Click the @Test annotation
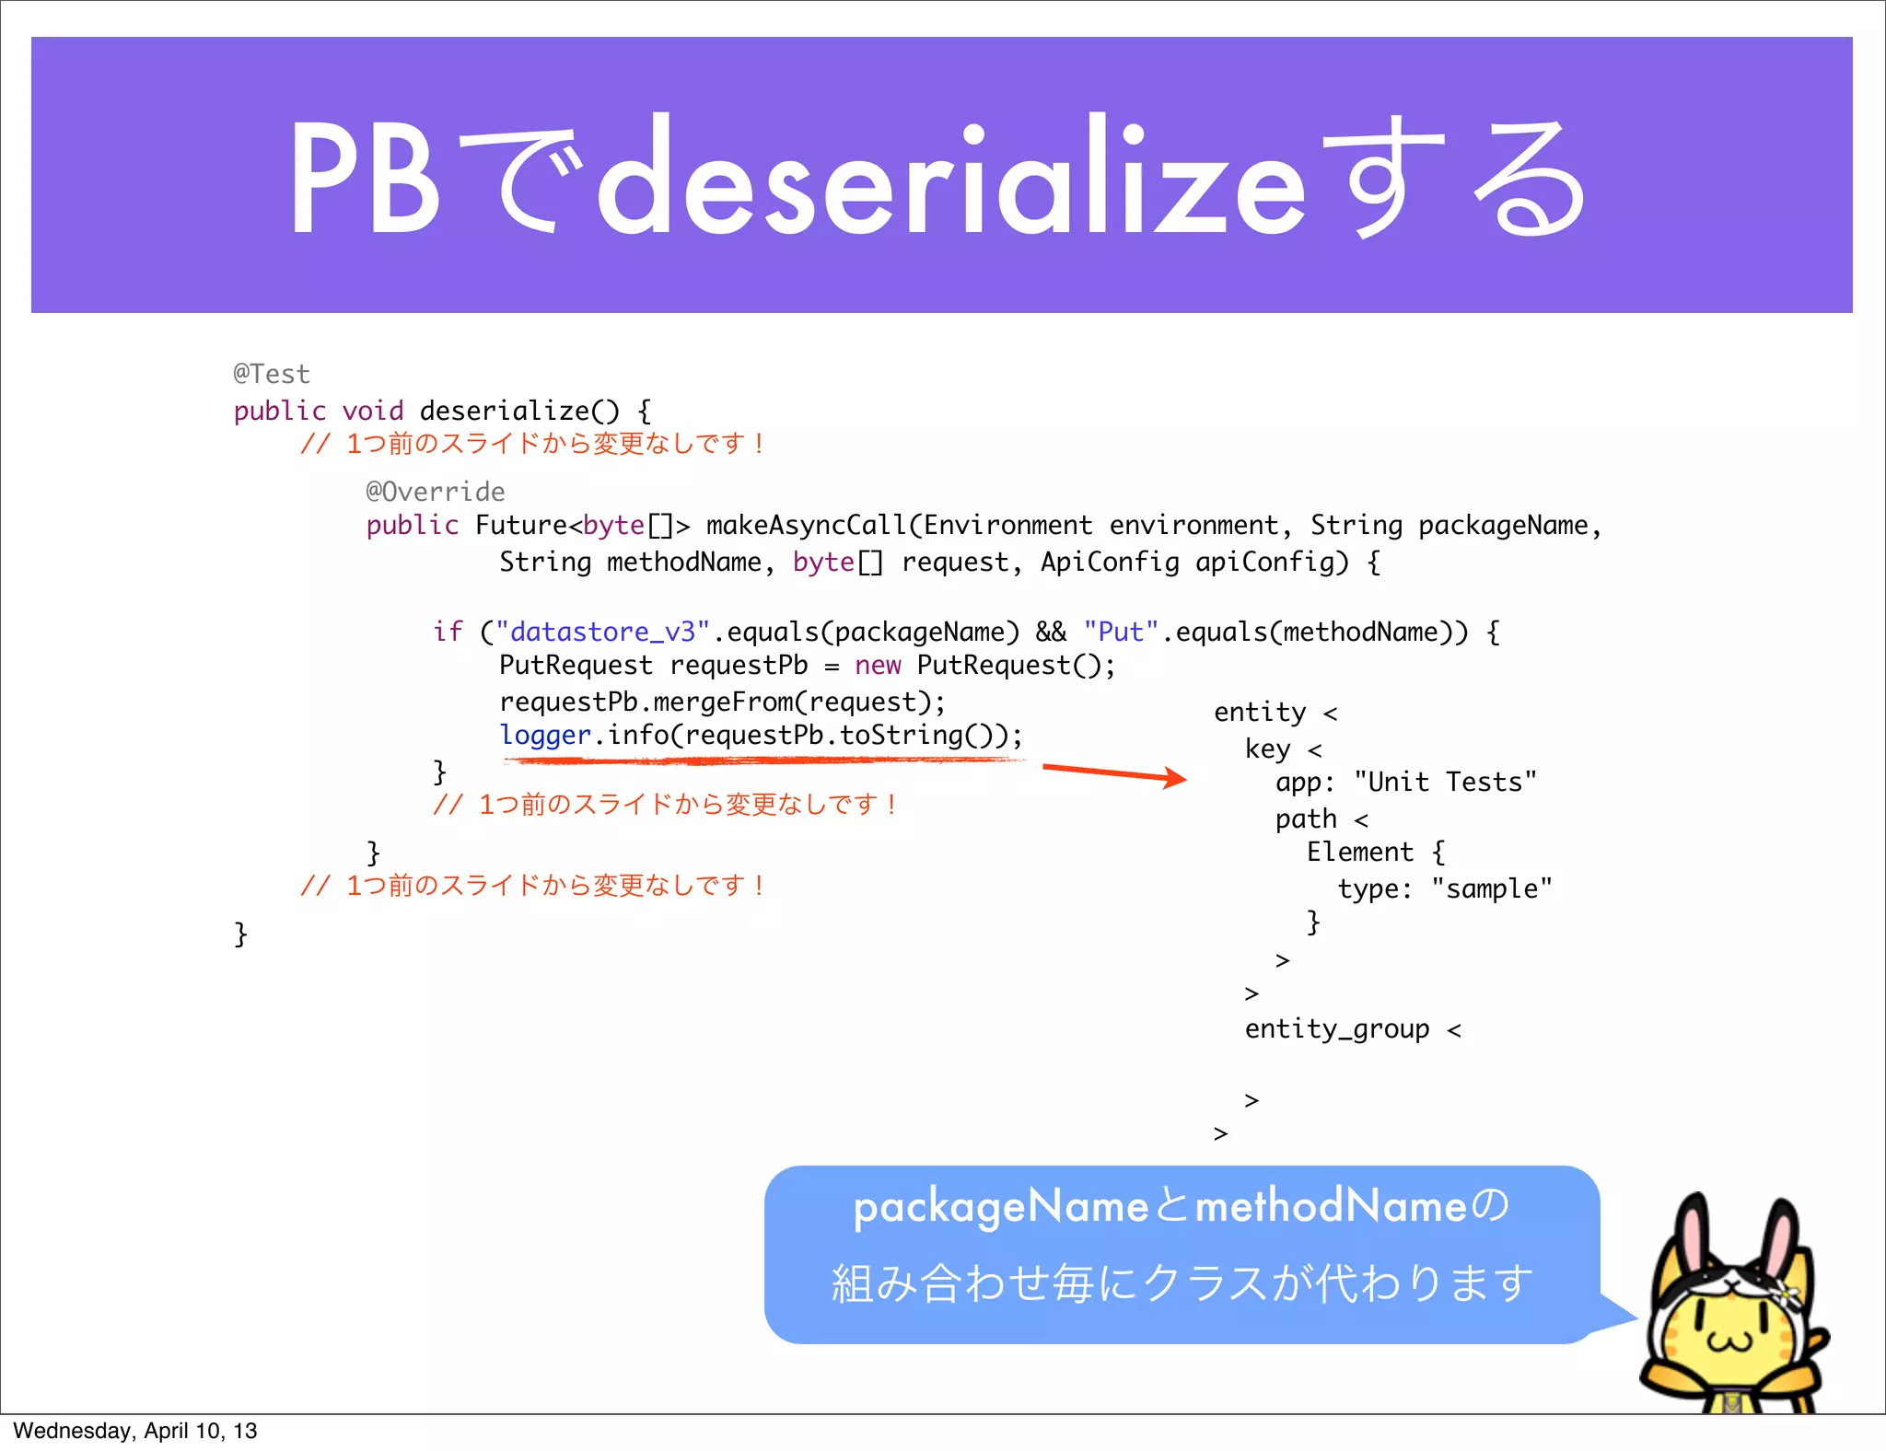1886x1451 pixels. coord(272,374)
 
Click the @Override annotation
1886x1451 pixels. coord(435,492)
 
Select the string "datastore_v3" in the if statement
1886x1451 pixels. coord(602,632)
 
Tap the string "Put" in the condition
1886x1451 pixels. coord(1121,632)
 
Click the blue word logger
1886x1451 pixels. coord(545,735)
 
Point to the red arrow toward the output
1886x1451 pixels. coord(1114,772)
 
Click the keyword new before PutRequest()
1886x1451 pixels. coord(877,666)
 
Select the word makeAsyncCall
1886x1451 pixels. coord(806,525)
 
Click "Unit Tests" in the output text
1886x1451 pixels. coord(1445,782)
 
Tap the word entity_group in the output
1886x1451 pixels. coord(1337,1028)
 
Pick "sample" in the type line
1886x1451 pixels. coord(1491,888)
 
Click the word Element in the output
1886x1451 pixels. coord(1359,852)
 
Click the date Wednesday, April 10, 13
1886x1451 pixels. coord(135,1431)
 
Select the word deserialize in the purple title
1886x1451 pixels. coord(951,180)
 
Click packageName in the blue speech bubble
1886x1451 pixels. coord(1000,1206)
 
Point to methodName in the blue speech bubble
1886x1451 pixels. coord(1330,1206)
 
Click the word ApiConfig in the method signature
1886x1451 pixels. coord(1110,562)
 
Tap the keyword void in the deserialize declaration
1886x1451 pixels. coord(373,411)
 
